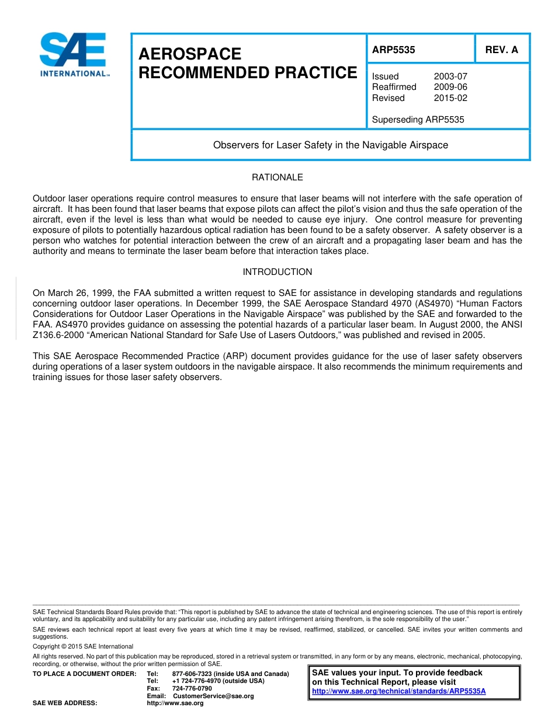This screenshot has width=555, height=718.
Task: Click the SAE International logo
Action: (73, 54)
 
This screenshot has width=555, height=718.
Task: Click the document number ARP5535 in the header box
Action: (394, 50)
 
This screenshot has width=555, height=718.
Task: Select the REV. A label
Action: (501, 50)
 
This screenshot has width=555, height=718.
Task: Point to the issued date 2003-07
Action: (450, 76)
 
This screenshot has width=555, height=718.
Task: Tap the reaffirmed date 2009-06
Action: (450, 87)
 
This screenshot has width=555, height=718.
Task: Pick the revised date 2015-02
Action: (450, 98)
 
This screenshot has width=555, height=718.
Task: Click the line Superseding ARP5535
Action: (418, 120)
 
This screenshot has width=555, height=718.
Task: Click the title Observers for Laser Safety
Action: (331, 145)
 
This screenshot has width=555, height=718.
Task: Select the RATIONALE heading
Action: (277, 177)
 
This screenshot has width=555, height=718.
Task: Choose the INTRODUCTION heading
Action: (277, 272)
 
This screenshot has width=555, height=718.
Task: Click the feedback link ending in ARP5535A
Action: (399, 691)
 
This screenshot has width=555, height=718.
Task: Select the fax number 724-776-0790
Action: (192, 688)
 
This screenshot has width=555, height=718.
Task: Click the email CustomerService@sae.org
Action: (213, 696)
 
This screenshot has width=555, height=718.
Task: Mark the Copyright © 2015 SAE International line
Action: (83, 646)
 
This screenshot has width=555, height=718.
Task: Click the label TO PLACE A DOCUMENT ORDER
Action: (84, 674)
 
